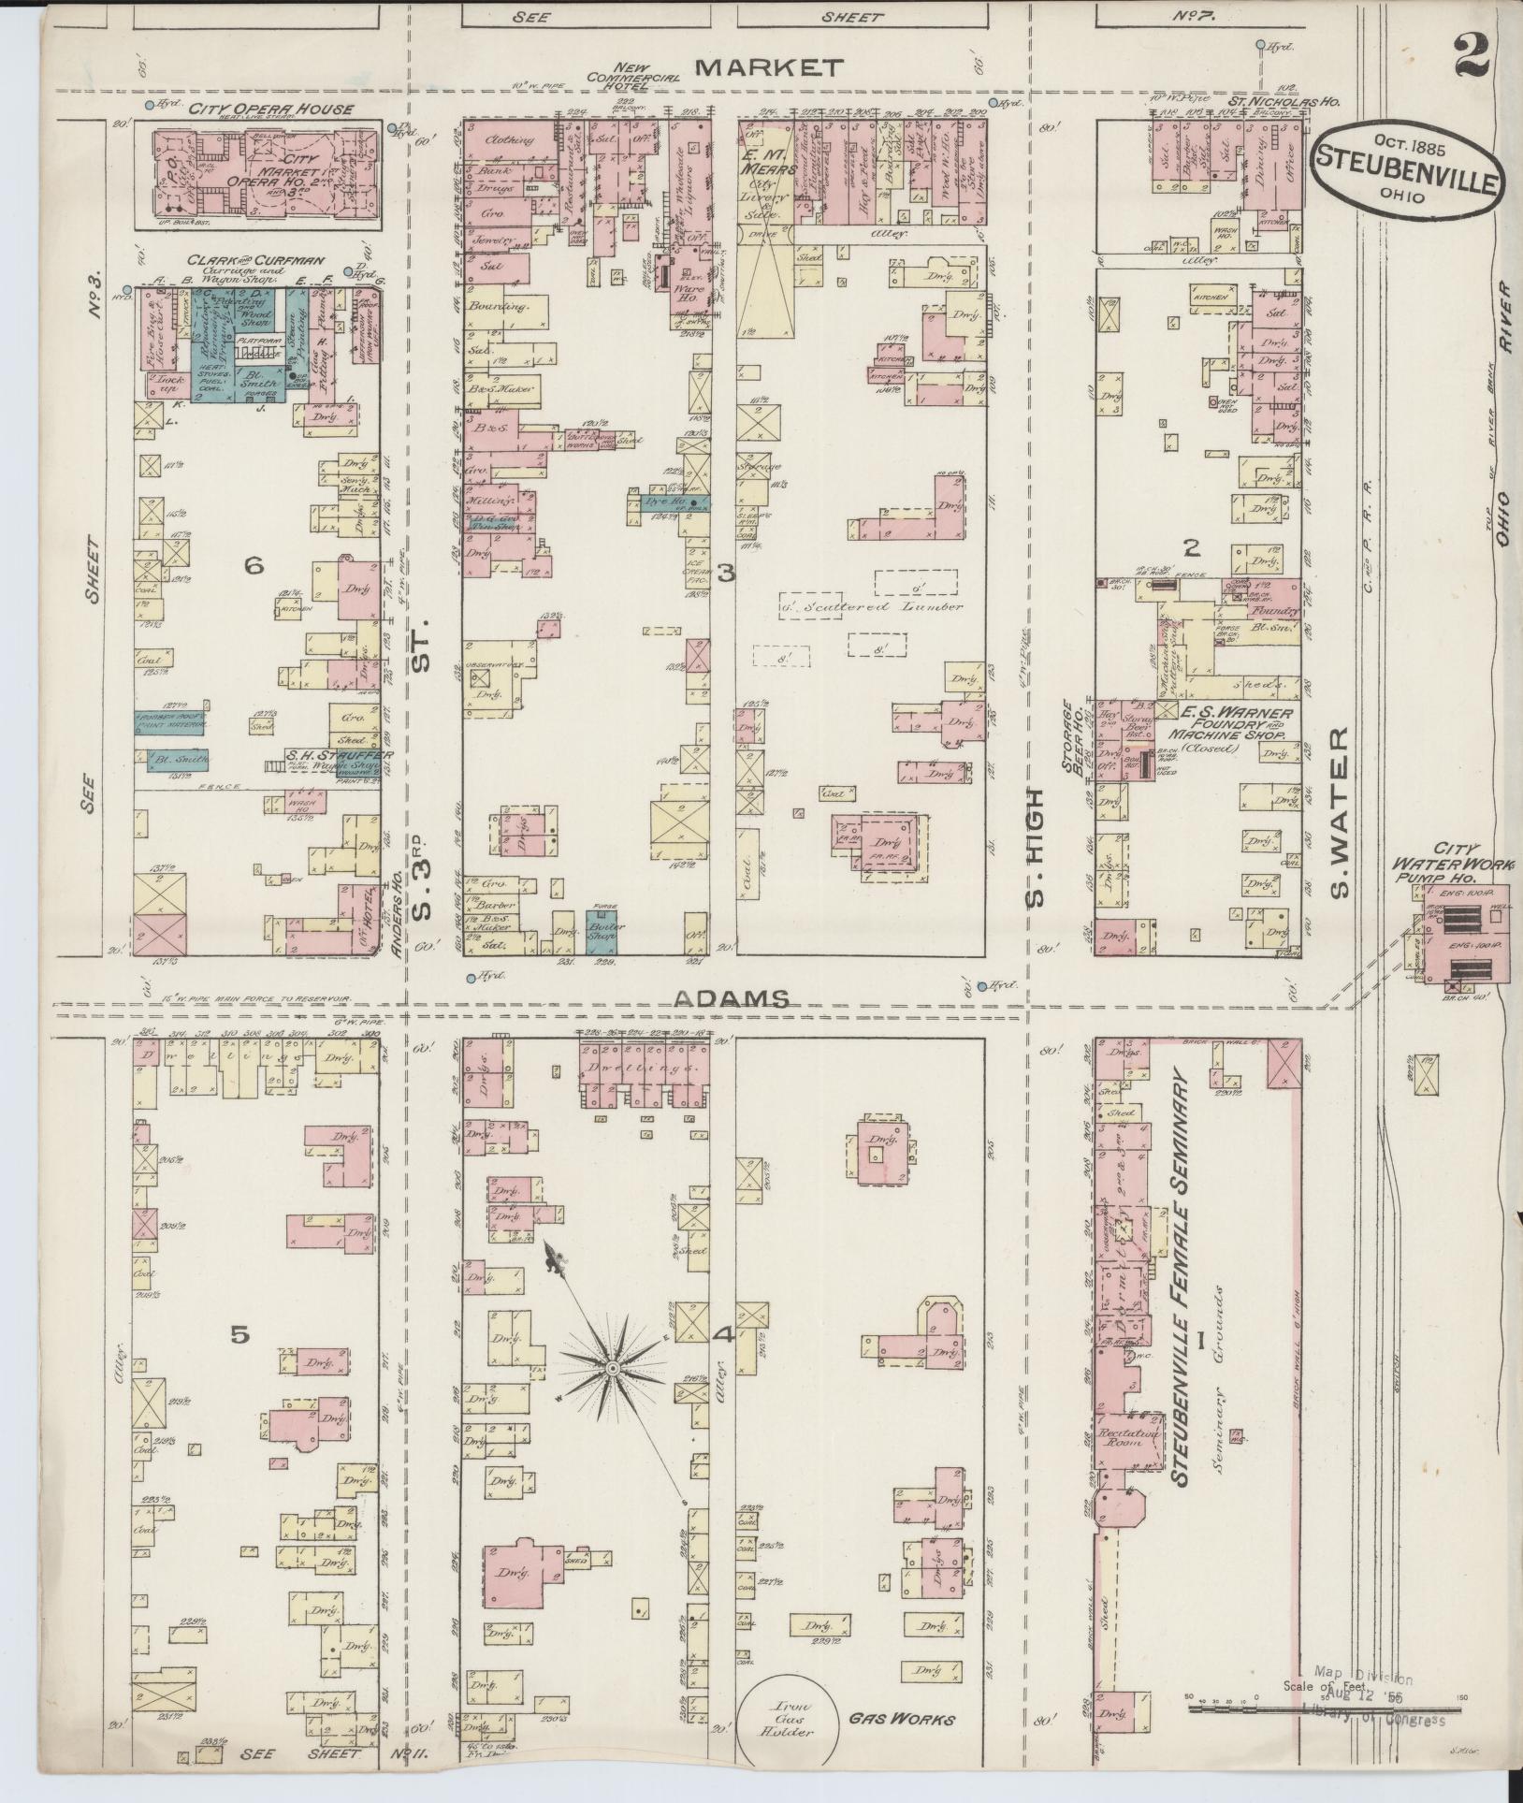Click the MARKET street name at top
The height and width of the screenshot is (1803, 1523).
pyautogui.click(x=770, y=66)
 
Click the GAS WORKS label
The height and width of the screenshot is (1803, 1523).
pyautogui.click(x=901, y=1719)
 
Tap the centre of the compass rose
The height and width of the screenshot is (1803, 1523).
pyautogui.click(x=612, y=1369)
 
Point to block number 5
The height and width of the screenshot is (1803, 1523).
pyautogui.click(x=239, y=1336)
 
